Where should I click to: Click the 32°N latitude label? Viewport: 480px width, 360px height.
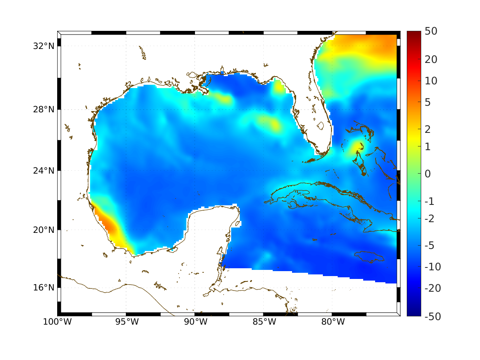[x=44, y=46]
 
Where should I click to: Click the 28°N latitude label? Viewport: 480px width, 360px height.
[x=44, y=110]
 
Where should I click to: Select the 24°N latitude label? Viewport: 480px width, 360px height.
[x=44, y=170]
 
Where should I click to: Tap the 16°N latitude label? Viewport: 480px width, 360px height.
[x=44, y=287]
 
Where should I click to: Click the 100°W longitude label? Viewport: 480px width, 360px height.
[x=57, y=322]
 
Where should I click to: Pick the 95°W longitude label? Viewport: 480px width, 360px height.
[x=126, y=322]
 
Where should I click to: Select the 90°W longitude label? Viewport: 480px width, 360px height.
[x=195, y=322]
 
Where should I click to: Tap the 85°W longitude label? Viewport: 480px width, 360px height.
[x=264, y=322]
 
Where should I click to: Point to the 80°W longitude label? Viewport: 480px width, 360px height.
[x=332, y=322]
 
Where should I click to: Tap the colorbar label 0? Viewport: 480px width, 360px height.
[x=428, y=174]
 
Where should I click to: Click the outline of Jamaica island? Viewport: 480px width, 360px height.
[x=370, y=256]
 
